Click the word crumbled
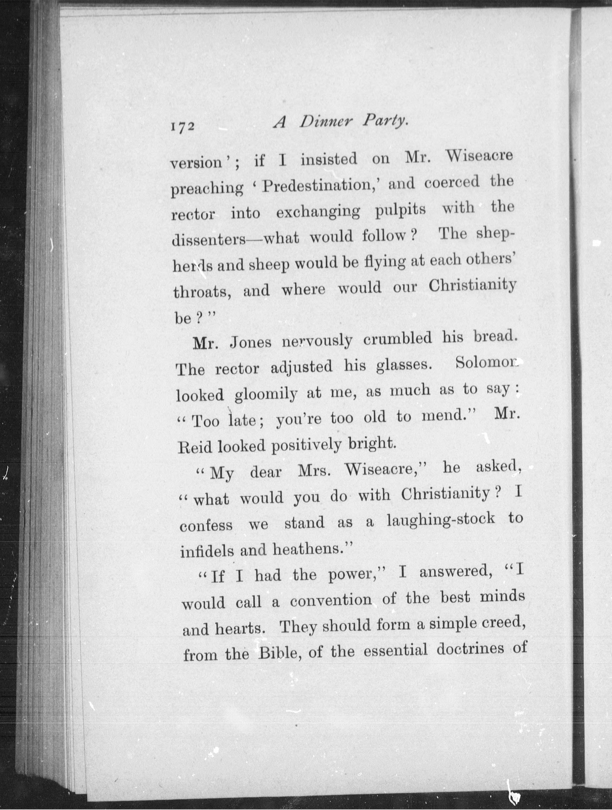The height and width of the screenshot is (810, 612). pos(398,339)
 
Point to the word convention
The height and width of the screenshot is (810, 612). pos(331,600)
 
